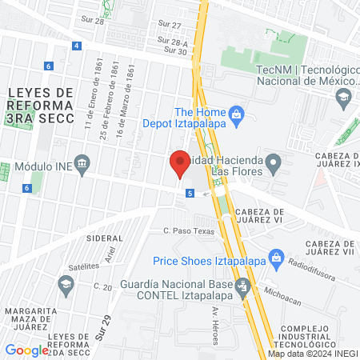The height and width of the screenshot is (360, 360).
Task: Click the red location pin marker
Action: (x=179, y=163)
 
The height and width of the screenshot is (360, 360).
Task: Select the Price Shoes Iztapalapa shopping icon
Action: (x=278, y=258)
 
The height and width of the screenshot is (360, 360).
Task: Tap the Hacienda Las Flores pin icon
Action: (x=274, y=166)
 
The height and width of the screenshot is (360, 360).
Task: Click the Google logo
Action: (x=27, y=350)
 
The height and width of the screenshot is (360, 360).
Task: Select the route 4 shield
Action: (x=75, y=46)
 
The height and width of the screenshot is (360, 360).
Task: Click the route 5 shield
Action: (x=190, y=193)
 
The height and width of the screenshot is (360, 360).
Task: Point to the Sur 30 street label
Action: (x=175, y=51)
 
